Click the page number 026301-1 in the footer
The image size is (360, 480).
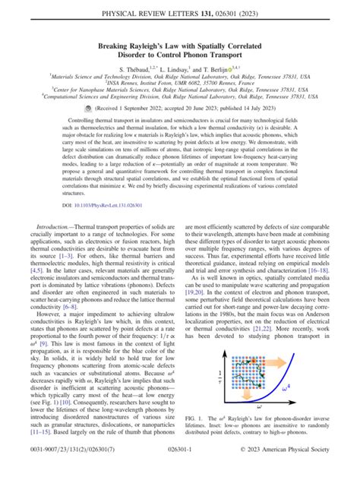click(179, 469)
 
